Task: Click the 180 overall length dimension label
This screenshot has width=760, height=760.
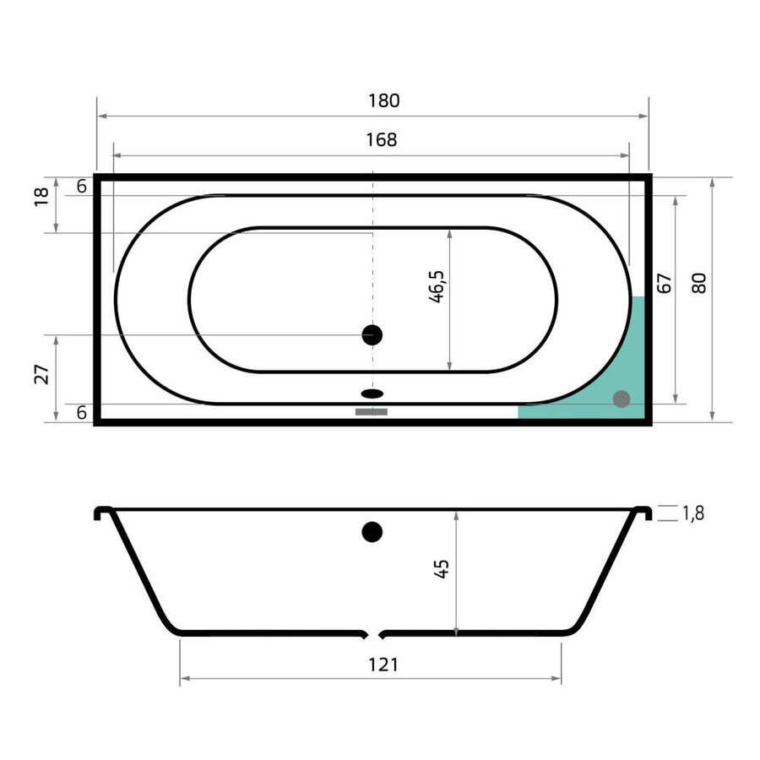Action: point(383,100)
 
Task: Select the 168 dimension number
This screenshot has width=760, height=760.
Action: point(382,140)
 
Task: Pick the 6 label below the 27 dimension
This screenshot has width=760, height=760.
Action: point(81,413)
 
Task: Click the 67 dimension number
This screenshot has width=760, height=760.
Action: point(664,283)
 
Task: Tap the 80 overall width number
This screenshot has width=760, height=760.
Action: point(698,283)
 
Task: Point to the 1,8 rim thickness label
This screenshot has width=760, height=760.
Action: point(693,513)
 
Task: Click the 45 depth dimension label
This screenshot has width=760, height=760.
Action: point(442,567)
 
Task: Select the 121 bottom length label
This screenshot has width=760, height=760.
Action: point(383,665)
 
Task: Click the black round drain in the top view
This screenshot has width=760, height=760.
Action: point(372,335)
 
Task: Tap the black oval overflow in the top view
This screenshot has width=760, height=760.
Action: point(372,393)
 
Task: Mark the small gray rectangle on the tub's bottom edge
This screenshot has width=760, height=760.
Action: point(371,412)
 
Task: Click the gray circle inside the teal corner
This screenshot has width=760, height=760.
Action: point(622,399)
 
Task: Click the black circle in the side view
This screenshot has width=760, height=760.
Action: point(372,532)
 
